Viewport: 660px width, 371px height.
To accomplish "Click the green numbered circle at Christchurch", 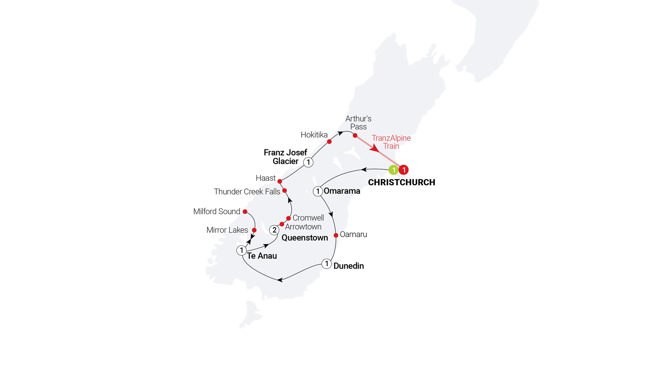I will [x=393, y=170].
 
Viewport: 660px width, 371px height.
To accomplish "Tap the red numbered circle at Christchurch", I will [x=404, y=170].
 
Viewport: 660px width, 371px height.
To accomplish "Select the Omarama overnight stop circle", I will [x=318, y=191].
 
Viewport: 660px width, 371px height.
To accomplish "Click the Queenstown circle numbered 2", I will [x=274, y=230].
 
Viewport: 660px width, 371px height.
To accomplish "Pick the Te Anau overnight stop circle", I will [x=241, y=250].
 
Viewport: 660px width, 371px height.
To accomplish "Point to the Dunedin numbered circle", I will [x=327, y=264].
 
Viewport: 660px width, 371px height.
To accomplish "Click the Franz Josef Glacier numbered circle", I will [x=308, y=162].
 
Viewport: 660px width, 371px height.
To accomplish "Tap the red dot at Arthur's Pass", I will [x=355, y=136].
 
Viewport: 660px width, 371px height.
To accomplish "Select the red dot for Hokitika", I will [x=329, y=142].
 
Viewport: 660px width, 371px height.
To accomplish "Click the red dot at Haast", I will [x=280, y=182].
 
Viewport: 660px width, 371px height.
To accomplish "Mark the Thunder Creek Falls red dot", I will [x=284, y=191].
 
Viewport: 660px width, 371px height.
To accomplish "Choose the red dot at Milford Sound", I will [x=245, y=212].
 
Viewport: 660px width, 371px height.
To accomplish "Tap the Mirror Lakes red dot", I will [x=254, y=230].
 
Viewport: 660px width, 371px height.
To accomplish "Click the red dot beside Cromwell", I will [x=289, y=218].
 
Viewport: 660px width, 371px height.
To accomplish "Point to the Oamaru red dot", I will [x=336, y=235].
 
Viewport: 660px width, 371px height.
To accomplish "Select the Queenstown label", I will [x=305, y=238].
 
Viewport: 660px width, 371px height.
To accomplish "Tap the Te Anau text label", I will [x=262, y=256].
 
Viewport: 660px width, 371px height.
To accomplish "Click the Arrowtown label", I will [x=303, y=227].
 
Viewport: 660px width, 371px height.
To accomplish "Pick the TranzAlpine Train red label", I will [x=391, y=142].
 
